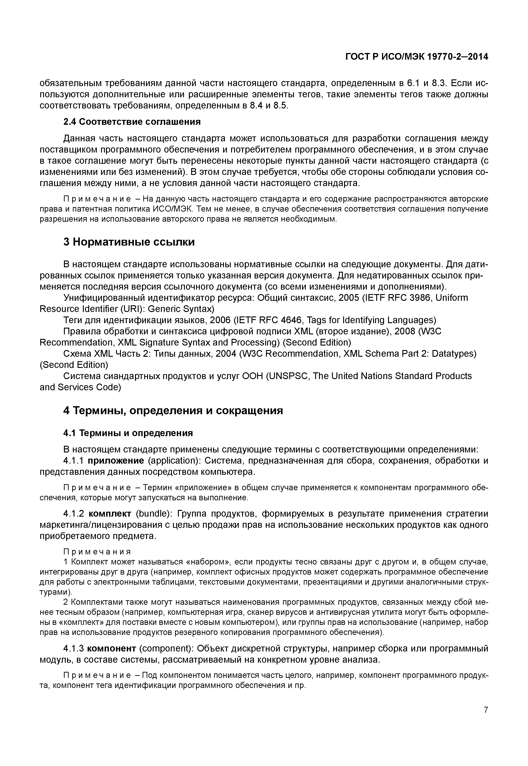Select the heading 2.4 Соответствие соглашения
[x=132, y=122]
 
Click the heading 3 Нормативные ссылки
[x=129, y=242]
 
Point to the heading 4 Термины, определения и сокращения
[x=173, y=411]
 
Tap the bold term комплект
[x=110, y=514]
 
